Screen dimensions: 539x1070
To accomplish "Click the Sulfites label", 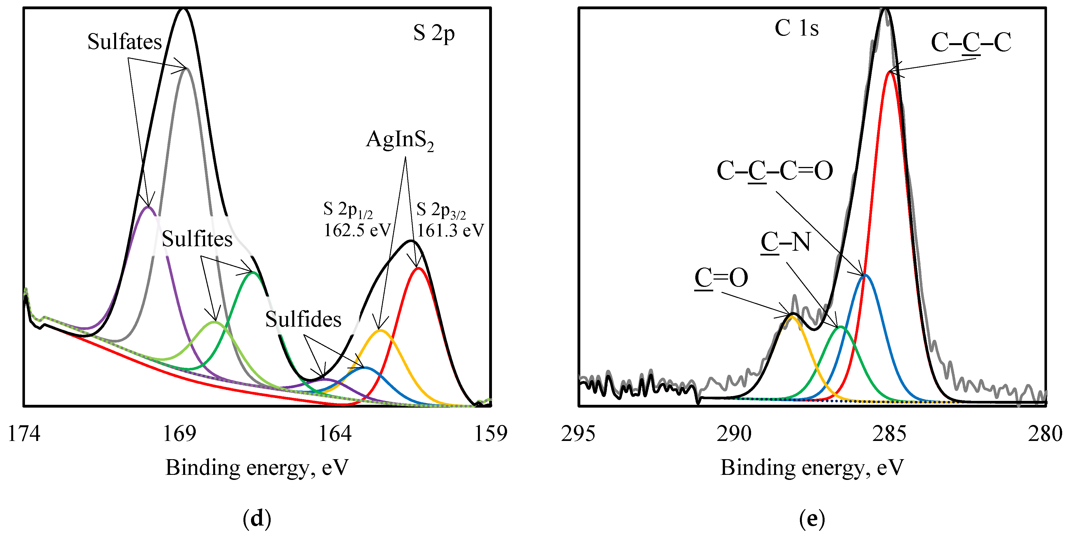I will pos(197,239).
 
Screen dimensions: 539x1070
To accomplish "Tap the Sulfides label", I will pos(303,319).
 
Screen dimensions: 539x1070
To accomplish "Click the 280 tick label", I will pos(1045,434).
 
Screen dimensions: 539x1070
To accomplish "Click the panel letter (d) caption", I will pos(257,519).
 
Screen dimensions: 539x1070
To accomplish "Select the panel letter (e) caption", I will pos(812,519).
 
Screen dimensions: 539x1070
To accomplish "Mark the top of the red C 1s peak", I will pos(889,72).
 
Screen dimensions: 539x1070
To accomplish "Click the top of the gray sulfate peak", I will pos(187,69).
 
